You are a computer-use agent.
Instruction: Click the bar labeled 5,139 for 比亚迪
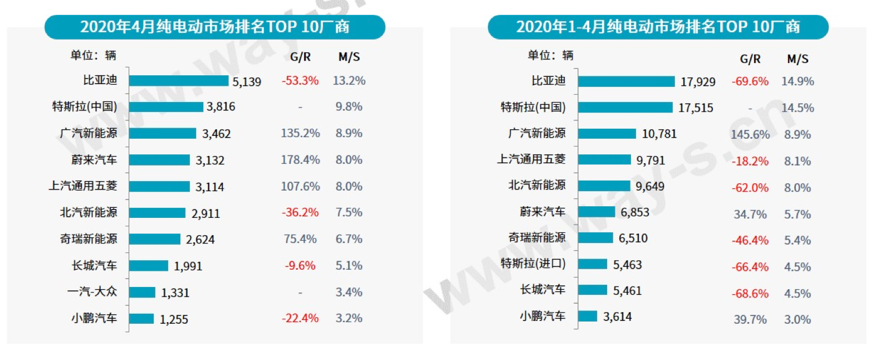coord(178,81)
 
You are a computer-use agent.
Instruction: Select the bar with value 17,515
coord(625,107)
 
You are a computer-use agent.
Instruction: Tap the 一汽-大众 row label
coord(92,291)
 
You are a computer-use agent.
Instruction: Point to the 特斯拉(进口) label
coord(533,264)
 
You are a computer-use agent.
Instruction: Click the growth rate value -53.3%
coord(300,81)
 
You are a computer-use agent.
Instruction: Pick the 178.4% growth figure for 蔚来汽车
coord(300,160)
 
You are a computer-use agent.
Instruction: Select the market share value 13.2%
coord(349,81)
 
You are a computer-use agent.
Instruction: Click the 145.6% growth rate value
coord(750,134)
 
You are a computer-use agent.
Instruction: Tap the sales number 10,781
coord(659,134)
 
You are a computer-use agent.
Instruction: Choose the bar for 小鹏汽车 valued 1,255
coord(141,318)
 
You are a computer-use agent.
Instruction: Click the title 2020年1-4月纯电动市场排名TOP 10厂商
coord(658,27)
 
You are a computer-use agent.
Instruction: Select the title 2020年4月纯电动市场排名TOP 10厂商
coord(214,27)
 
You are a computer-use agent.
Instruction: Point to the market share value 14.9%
coord(798,81)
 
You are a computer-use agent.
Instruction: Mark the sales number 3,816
coord(221,106)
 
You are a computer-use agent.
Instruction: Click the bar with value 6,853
coord(596,212)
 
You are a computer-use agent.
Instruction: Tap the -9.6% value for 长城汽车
coord(300,266)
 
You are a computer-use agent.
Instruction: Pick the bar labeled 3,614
coord(588,317)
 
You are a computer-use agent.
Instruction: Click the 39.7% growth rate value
coord(750,320)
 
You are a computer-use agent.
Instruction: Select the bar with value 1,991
coord(148,266)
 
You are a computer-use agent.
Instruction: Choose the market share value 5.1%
coord(349,266)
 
